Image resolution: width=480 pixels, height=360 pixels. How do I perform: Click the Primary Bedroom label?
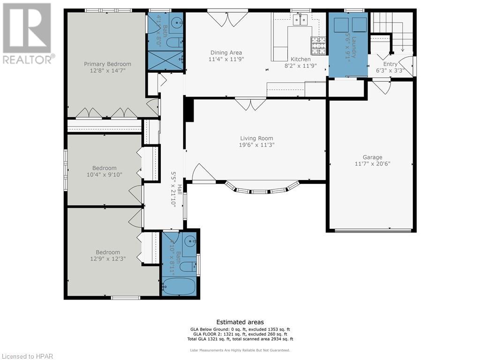107,64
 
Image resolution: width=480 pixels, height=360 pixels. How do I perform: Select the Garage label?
372,157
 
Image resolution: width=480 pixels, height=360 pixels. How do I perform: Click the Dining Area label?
226,52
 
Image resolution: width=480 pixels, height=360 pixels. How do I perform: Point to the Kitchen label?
300,59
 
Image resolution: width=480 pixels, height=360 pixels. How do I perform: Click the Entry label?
390,64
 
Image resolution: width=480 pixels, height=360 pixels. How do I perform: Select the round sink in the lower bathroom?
190,242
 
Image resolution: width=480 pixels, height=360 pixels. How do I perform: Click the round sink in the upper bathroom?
177,21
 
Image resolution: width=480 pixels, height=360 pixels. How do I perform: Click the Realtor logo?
27,33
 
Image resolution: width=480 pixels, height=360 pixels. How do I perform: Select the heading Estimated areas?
240,322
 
